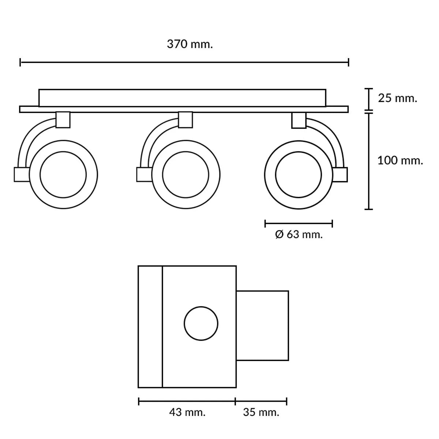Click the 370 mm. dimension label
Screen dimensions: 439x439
(x=190, y=44)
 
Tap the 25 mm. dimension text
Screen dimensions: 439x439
(x=398, y=98)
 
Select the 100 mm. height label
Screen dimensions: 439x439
(x=400, y=160)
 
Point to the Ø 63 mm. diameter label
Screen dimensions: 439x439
(x=299, y=234)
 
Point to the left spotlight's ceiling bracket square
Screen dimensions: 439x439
(x=63, y=120)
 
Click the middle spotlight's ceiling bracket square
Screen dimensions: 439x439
(x=185, y=120)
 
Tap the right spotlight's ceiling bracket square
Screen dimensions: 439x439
(x=299, y=120)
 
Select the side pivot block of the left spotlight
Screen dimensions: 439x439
(x=22, y=175)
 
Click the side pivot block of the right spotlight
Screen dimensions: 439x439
(x=340, y=175)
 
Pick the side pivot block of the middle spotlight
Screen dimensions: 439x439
(x=145, y=175)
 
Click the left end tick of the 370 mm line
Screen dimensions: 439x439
(x=20, y=62)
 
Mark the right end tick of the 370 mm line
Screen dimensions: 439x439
(x=349, y=62)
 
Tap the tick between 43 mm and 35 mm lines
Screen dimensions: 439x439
(x=235, y=401)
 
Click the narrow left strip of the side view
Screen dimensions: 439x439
(x=150, y=327)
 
